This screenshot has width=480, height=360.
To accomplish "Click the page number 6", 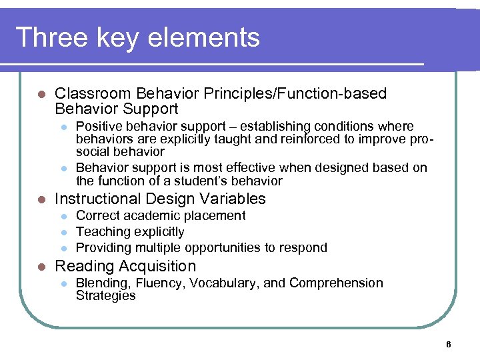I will [x=449, y=345].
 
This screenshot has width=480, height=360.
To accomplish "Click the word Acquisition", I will [x=158, y=266].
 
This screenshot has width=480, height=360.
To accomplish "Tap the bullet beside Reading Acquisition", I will [x=42, y=267].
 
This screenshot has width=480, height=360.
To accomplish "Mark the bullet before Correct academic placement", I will [x=63, y=216].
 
